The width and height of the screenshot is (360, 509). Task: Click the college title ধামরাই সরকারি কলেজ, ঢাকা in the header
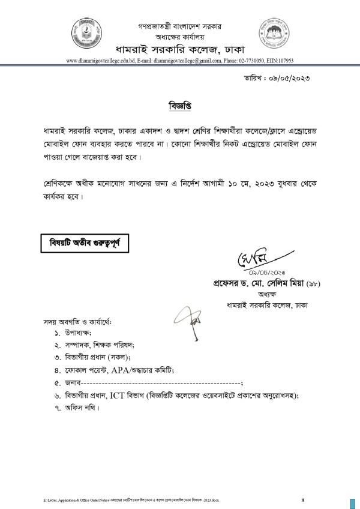[180, 48]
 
